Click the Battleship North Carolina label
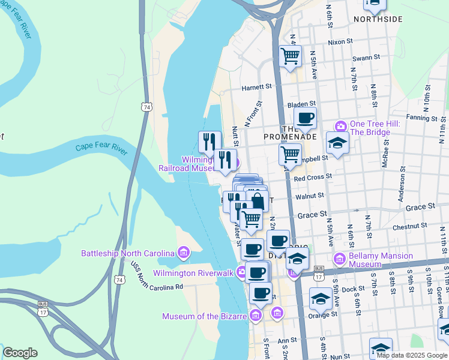coord(128,253)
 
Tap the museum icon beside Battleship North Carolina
coord(184,254)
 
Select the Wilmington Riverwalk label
coord(193,273)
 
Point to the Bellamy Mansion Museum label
coord(382,260)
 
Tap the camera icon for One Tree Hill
coord(341,126)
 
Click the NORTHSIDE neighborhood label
coord(378,19)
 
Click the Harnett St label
coord(257,87)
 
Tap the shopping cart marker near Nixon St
coord(291,56)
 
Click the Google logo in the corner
coord(20,353)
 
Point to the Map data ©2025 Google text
coord(411,355)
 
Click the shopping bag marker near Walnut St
coord(257,200)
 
